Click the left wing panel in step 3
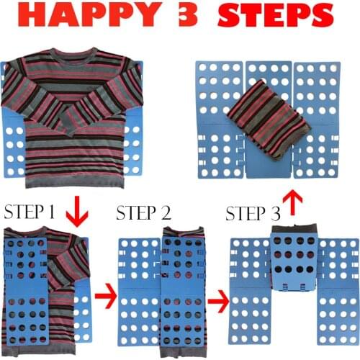248,295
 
